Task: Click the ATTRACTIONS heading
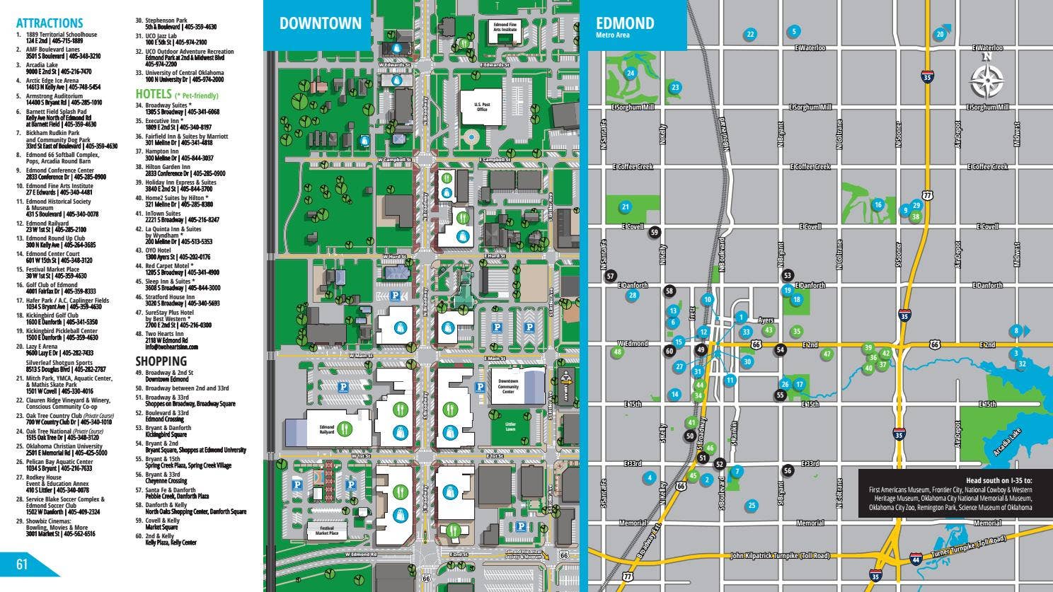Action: click(49, 23)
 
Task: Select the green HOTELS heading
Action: click(154, 94)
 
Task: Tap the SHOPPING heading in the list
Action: click(161, 361)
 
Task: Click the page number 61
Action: click(22, 564)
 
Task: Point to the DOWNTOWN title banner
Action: click(320, 23)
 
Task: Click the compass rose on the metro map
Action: click(986, 79)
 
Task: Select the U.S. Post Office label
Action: click(482, 107)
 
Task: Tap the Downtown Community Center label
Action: click(507, 386)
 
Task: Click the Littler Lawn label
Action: click(510, 427)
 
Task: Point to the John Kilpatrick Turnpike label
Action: click(779, 556)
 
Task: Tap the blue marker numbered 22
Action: click(750, 34)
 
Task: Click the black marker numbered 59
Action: click(655, 232)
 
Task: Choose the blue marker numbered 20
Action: click(940, 34)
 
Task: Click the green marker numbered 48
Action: click(618, 352)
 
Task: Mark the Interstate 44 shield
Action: click(916, 558)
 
